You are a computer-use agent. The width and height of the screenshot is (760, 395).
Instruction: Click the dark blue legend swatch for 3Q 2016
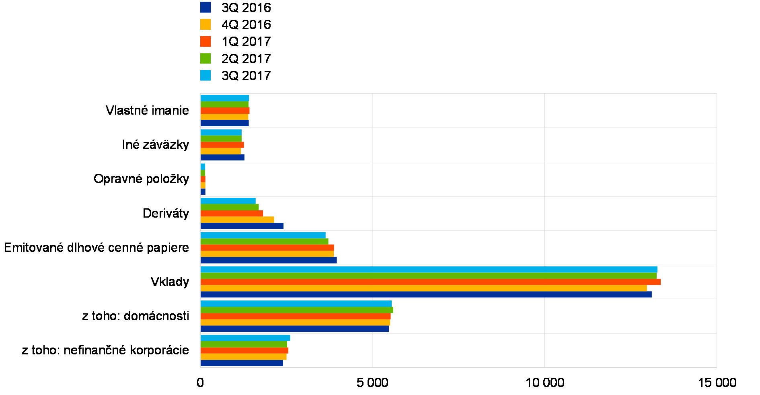(x=205, y=7)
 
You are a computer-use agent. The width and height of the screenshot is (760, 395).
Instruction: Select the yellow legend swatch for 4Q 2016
(x=205, y=24)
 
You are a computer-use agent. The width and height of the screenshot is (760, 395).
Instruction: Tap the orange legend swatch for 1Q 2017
(x=205, y=41)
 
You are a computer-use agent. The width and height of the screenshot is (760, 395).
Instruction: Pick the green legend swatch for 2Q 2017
(x=205, y=58)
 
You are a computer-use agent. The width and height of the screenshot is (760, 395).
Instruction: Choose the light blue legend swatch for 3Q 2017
(x=205, y=75)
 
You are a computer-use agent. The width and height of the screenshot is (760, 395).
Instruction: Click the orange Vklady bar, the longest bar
(x=430, y=282)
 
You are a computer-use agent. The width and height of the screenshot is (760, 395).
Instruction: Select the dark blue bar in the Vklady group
(x=426, y=294)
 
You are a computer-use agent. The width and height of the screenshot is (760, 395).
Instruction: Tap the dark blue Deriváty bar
(x=242, y=226)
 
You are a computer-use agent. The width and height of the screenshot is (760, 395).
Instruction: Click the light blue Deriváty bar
(x=228, y=201)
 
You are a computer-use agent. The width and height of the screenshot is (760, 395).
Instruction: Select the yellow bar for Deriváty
(x=237, y=220)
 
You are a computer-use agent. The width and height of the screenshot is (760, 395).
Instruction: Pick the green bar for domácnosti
(x=296, y=310)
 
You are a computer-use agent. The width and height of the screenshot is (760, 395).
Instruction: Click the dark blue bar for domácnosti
(x=295, y=329)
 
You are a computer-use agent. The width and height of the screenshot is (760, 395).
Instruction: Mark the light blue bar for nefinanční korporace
(x=245, y=338)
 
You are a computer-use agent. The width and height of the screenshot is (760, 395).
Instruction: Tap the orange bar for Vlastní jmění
(x=225, y=111)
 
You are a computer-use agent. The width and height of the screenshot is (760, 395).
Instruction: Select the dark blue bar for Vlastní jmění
(x=224, y=123)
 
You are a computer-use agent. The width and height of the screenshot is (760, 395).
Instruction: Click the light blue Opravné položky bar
(x=203, y=167)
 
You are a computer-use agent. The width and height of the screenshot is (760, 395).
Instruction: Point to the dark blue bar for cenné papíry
(x=269, y=260)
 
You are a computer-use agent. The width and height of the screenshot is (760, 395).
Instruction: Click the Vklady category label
(x=170, y=282)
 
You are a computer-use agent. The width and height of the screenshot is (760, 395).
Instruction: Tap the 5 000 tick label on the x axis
(x=372, y=382)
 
